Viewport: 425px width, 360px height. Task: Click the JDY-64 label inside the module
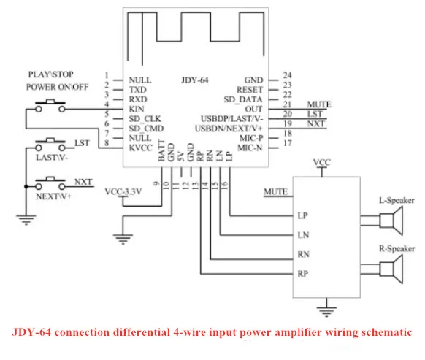195,80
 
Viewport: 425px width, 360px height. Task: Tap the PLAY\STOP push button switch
50,106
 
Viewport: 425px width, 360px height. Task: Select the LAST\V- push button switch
50,145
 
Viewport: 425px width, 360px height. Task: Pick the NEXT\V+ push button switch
50,183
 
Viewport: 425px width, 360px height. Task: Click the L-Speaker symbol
391,221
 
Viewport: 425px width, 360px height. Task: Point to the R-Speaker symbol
391,269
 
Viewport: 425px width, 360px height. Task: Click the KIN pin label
137,110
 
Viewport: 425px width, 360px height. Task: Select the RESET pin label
250,90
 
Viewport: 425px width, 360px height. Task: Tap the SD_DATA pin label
243,100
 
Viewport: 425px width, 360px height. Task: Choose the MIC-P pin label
251,138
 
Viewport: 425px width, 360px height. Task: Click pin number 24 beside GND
287,75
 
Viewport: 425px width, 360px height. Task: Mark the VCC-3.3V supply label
123,191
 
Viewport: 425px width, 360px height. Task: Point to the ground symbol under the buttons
26,220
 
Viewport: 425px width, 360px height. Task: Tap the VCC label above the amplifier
322,162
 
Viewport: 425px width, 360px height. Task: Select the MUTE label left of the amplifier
275,191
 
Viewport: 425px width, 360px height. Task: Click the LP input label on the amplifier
303,216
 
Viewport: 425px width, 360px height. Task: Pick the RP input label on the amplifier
303,274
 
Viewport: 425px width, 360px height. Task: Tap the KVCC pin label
141,148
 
